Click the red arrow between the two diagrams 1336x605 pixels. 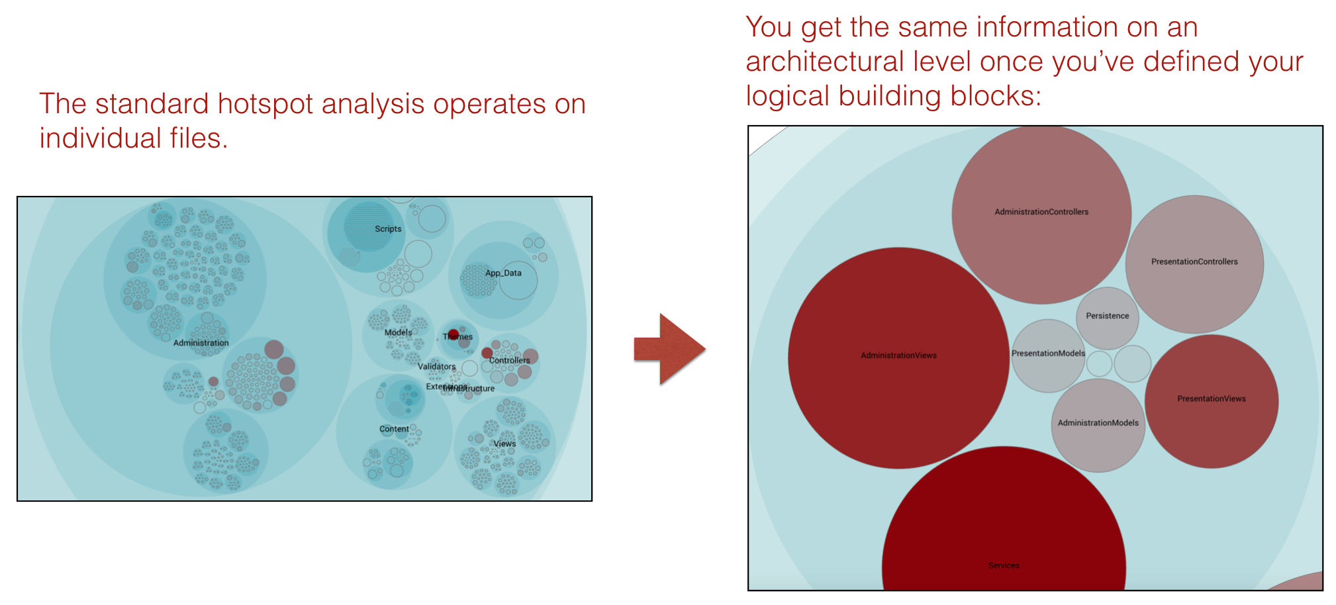click(669, 349)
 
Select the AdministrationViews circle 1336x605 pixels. click(898, 357)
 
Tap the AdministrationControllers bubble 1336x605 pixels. click(1041, 213)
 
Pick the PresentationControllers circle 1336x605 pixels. click(1194, 263)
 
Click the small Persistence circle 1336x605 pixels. click(1108, 317)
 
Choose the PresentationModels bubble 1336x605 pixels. click(1048, 355)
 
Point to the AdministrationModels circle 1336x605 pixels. click(1098, 424)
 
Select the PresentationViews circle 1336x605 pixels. click(1212, 400)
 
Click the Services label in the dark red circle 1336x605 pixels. click(1004, 565)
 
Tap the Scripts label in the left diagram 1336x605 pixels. click(388, 229)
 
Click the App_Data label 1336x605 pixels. click(503, 273)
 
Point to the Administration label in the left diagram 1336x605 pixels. click(201, 343)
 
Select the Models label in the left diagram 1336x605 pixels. click(398, 333)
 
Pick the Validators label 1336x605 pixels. click(436, 367)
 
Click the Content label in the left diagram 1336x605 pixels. click(394, 429)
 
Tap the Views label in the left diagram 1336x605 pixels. click(504, 443)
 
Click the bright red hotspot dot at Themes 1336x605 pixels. click(453, 334)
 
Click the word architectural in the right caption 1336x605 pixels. click(825, 62)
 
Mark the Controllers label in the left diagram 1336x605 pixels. click(509, 361)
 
